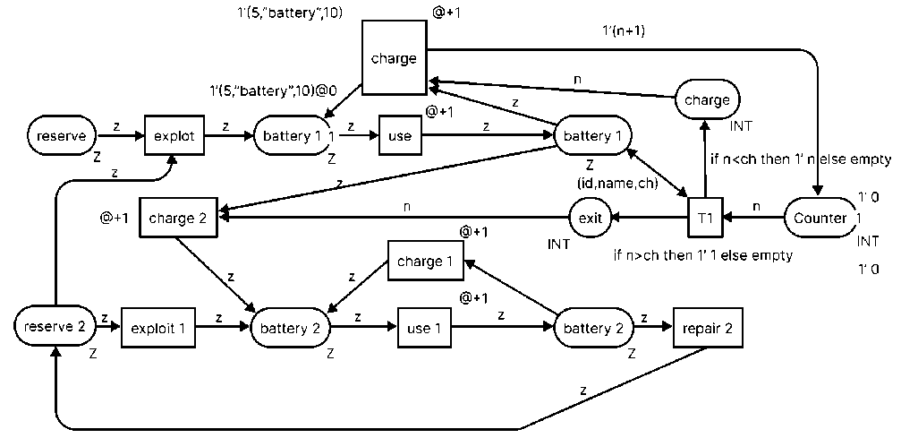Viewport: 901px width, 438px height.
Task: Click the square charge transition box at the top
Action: tap(394, 58)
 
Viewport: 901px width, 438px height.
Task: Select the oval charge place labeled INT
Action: tap(707, 99)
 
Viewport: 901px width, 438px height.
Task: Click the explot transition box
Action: tap(174, 136)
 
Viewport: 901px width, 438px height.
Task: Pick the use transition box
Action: tap(399, 137)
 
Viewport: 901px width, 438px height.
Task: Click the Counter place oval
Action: tap(820, 218)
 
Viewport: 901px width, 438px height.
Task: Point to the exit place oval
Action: tap(591, 217)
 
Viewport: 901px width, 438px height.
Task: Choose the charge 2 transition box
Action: tap(178, 217)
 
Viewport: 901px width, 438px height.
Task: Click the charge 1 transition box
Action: tap(420, 262)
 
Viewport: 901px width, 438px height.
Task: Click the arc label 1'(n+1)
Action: tap(626, 29)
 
